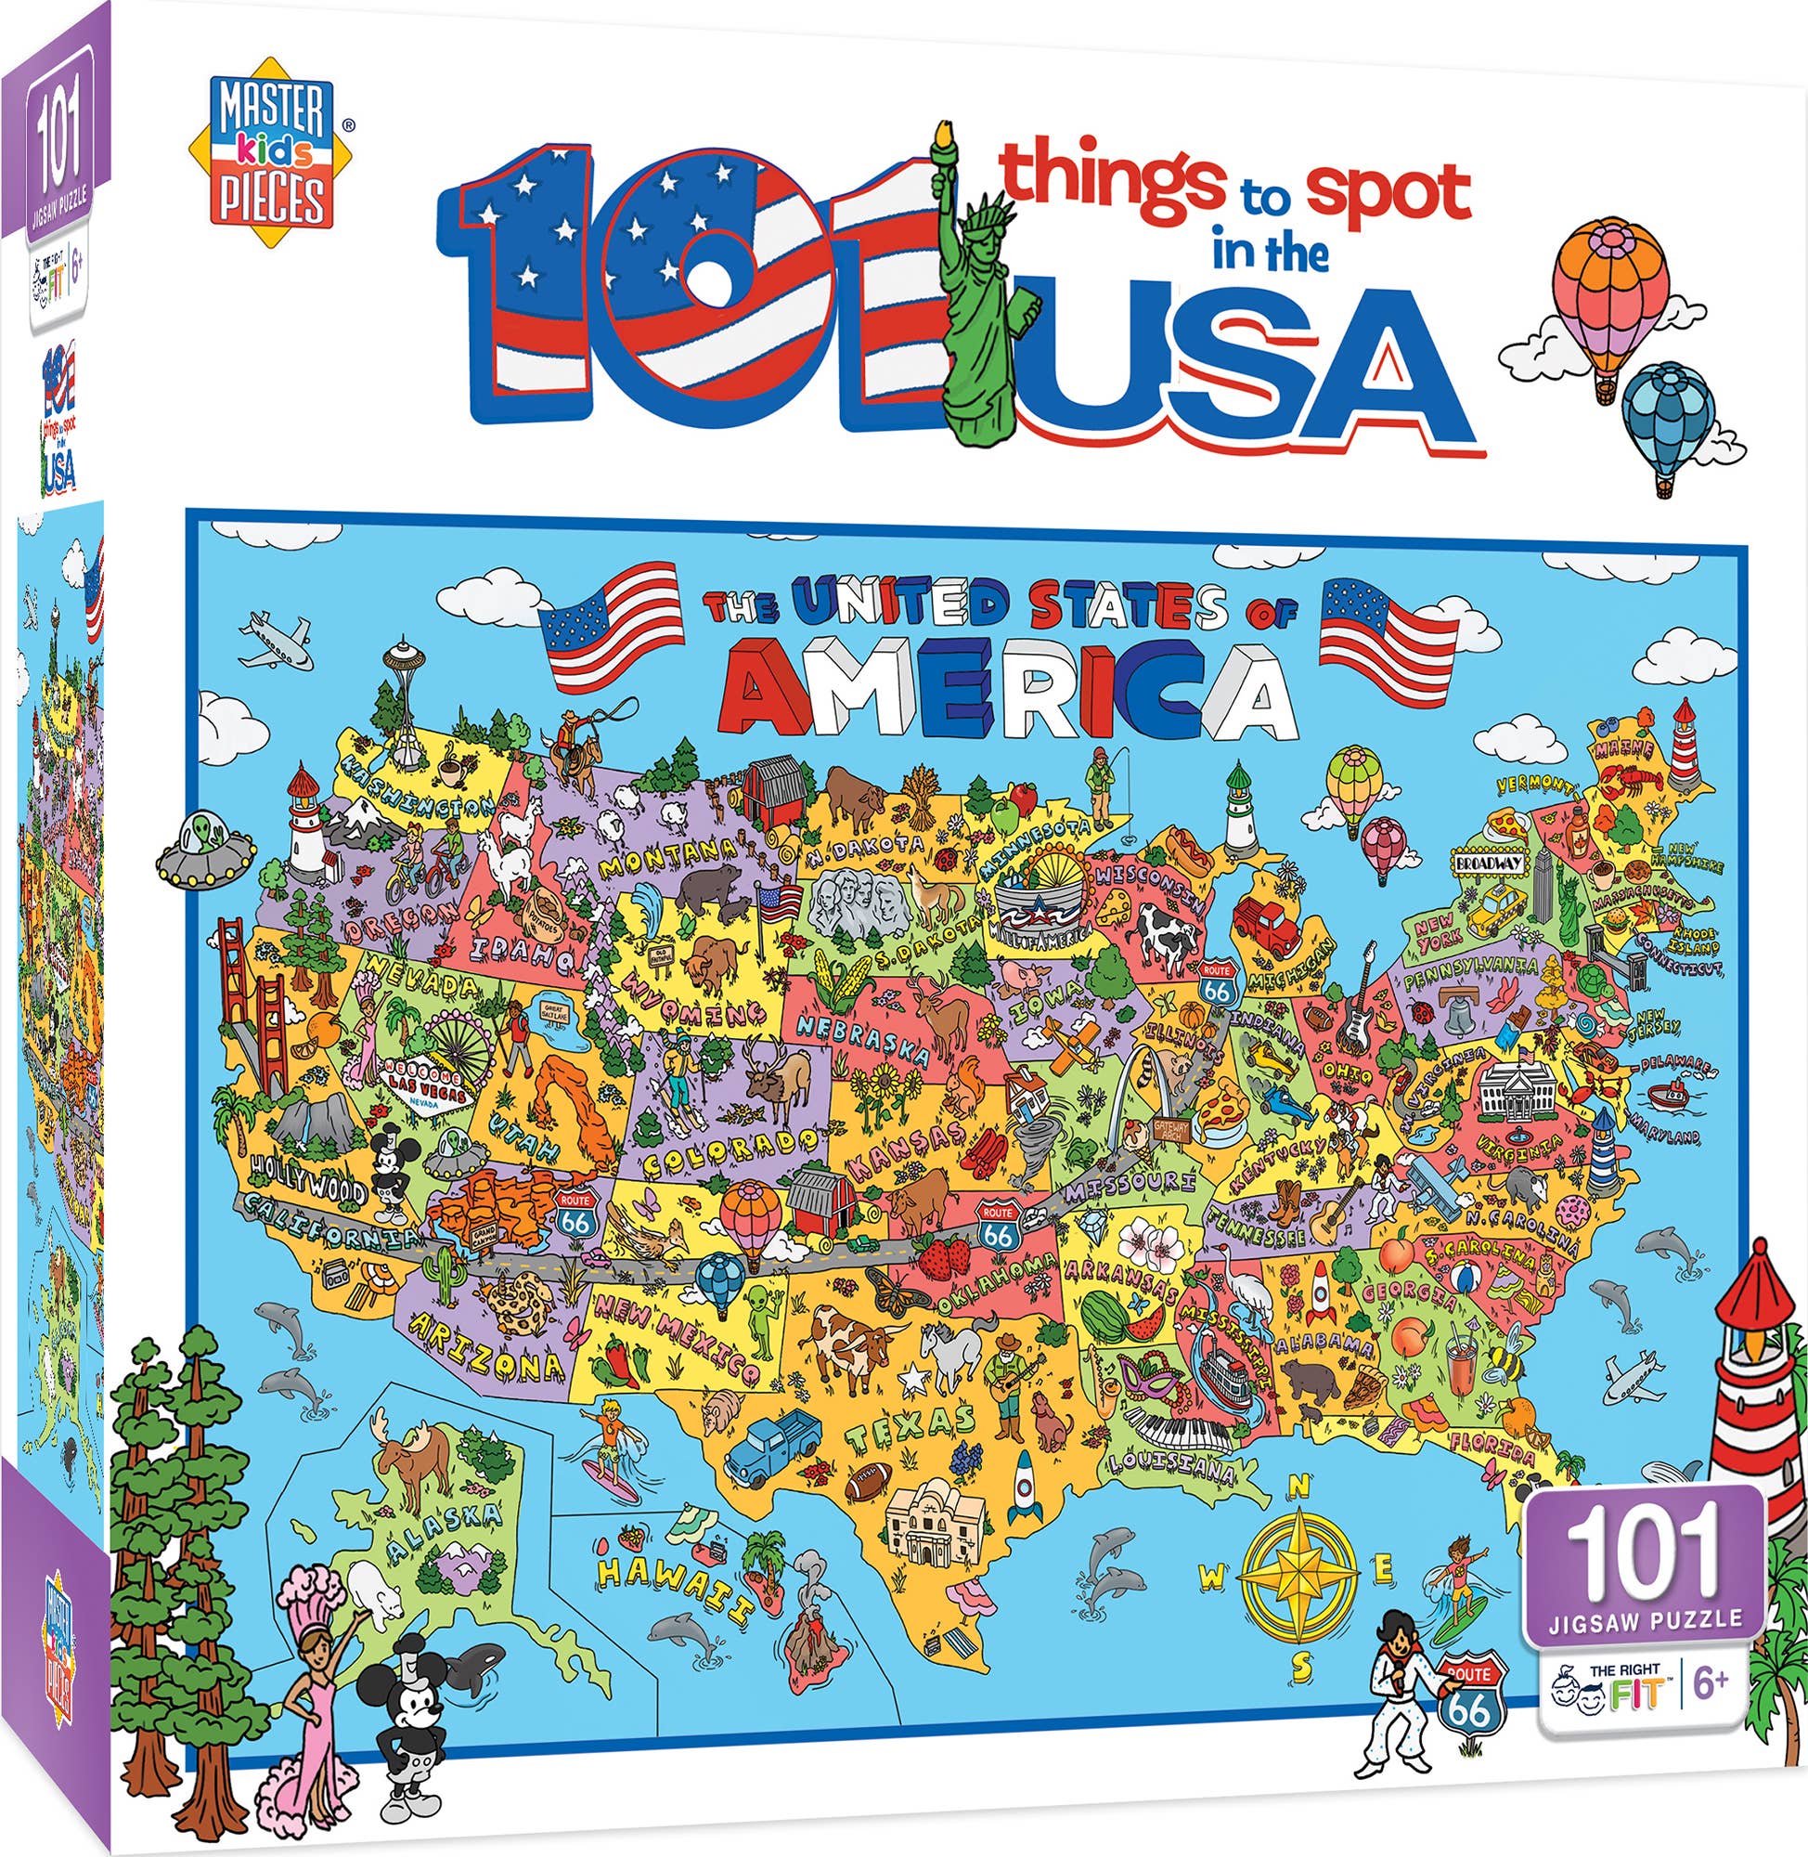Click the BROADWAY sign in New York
pyautogui.click(x=1488, y=864)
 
